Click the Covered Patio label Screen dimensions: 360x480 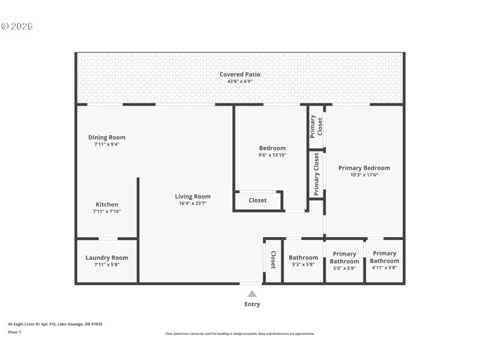tap(240, 74)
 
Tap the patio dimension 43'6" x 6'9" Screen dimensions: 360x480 tap(240, 81)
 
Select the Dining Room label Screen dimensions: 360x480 tap(107, 137)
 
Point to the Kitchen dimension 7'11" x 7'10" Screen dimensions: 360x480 tap(107, 211)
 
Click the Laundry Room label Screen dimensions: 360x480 tap(107, 258)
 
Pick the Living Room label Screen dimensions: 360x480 tap(193, 196)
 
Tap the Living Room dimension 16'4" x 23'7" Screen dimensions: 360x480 tap(193, 203)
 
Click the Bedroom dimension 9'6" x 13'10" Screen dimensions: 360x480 tap(272, 155)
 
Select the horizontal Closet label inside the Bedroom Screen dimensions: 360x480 tap(257, 200)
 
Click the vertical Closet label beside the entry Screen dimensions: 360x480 tap(273, 259)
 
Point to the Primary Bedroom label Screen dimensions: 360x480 tap(364, 168)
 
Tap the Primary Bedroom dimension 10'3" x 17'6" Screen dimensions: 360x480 tap(364, 175)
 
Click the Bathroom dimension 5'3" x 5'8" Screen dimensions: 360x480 tap(303, 265)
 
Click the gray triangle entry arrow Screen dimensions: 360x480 tap(252, 293)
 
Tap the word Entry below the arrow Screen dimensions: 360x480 tap(252, 304)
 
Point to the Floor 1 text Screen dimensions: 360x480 tap(14, 332)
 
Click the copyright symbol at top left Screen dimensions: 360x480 tap(5, 26)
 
